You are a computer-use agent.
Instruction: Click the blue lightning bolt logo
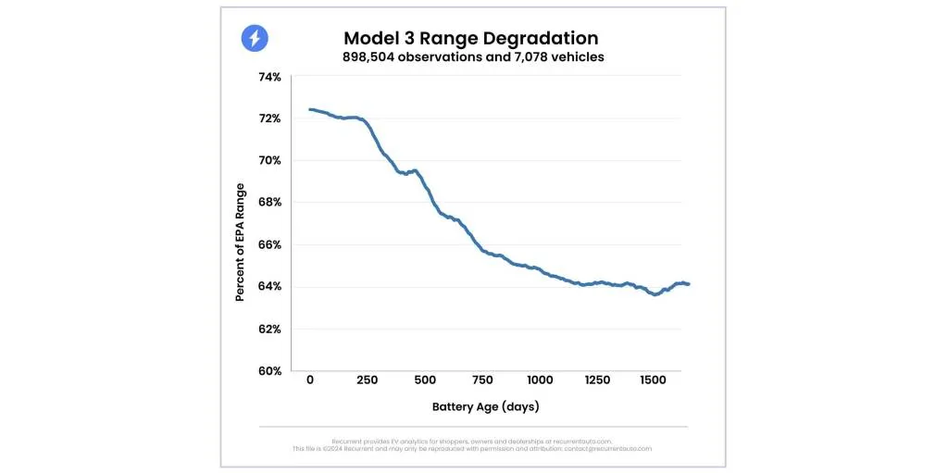(x=255, y=38)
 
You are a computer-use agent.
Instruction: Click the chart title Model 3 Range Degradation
(x=470, y=38)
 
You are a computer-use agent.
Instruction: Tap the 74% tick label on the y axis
(x=268, y=77)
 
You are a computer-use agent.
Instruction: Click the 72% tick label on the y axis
(x=268, y=118)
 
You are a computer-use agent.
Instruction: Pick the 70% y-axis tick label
(x=268, y=160)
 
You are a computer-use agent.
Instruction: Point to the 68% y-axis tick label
(x=268, y=203)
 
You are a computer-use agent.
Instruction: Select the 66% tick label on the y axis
(x=268, y=244)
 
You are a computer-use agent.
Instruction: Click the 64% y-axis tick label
(x=268, y=286)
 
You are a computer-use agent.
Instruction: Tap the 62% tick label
(x=268, y=329)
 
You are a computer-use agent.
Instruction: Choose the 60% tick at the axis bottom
(x=268, y=370)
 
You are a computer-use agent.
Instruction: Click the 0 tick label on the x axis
(x=310, y=380)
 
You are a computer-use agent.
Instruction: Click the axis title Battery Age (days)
(x=485, y=406)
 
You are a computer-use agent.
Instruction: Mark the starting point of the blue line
(x=310, y=110)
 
